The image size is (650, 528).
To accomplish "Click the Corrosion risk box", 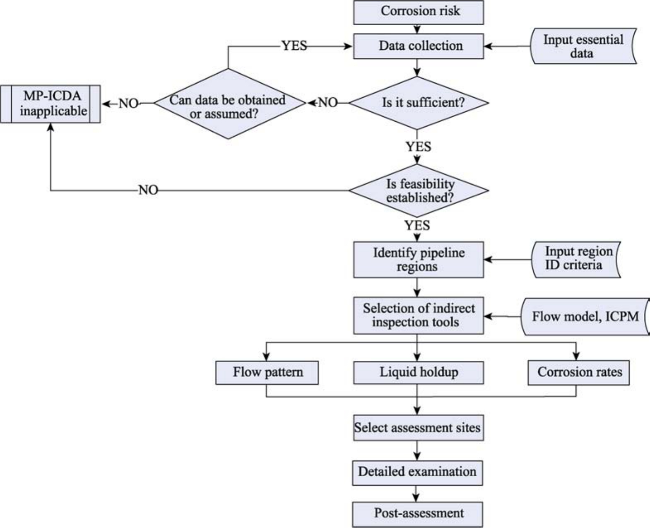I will pos(418,12).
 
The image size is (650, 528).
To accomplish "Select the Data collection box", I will pos(418,46).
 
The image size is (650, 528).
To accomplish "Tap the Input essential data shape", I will pos(583,46).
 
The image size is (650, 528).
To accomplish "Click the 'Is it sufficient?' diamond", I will pos(418,103).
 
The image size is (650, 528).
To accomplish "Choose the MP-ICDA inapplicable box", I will pos(51,104).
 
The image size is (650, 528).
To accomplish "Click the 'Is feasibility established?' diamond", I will pos(418,190).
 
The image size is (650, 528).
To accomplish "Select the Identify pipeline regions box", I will pos(418,260).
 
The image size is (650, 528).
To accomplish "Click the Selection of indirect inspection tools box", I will pos(418,316).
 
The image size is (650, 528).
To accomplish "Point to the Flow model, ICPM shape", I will pos(585,317).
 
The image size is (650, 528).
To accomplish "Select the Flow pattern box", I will pos(267,372).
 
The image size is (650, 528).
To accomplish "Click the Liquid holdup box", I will pos(418,372).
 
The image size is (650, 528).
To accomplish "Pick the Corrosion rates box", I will pos(579,373).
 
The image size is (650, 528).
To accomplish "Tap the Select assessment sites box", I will pos(418,428).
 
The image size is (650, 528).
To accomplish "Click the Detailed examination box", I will pos(417,473).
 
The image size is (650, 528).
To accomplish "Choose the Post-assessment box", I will pos(417,514).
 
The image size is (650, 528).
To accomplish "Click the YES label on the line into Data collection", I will pos(294,46).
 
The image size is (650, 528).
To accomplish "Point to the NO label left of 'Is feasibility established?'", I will pos(148,190).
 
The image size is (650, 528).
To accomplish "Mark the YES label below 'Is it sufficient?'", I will pos(418,147).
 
